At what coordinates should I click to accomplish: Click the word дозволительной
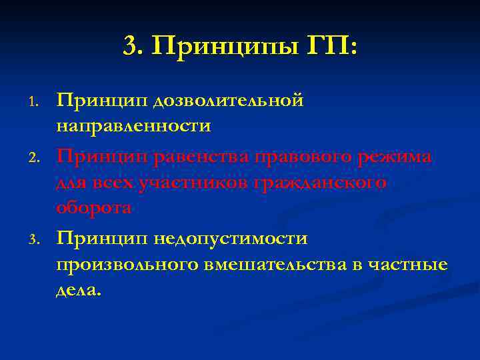coord(228,100)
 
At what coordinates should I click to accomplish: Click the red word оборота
coord(93,208)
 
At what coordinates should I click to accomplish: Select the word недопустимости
coord(231,238)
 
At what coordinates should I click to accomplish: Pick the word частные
coord(409,265)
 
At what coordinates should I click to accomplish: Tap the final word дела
coord(79,290)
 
